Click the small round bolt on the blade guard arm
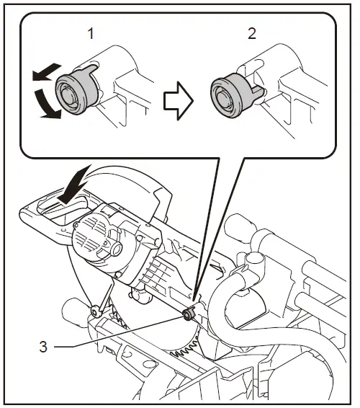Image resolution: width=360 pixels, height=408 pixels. (94, 311)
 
